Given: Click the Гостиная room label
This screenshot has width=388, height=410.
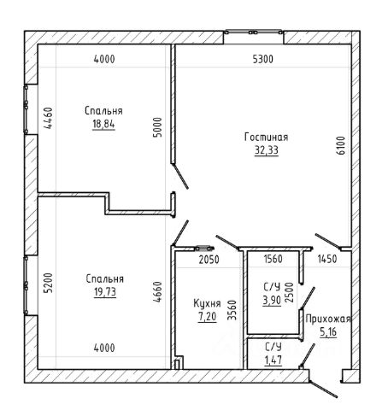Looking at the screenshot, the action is coord(267,138).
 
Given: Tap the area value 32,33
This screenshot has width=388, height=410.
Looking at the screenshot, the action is coord(267,150).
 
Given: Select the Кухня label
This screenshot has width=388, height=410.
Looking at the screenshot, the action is coord(207,303).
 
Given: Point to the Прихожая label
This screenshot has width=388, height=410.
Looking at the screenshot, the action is coord(328,319).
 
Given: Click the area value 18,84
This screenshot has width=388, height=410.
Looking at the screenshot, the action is coord(103,124).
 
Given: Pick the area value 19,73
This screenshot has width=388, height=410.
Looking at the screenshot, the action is coord(105,292).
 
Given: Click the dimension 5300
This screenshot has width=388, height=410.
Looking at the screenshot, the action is coord(263,59).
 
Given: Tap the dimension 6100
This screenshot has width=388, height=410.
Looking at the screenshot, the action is coord(341,145).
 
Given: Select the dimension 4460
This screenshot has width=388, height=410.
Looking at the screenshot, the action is coord(48,118).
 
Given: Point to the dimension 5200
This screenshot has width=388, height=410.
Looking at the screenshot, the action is coord(48,283).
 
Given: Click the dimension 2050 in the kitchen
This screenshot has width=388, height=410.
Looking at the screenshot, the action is coord(209,260).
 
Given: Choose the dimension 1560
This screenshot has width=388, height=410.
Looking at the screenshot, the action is coord(273,259).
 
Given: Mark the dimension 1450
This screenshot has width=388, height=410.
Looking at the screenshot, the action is coord(327,259).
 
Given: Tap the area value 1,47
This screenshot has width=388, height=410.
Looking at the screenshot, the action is coord(273,360).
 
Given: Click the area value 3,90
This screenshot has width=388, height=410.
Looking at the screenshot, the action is coord(272,300).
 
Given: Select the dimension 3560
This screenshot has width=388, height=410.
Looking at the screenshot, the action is coord(232,310).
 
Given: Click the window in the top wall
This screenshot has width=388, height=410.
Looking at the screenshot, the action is coord(253,32).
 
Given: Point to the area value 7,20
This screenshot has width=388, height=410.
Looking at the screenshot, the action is coord(207,317).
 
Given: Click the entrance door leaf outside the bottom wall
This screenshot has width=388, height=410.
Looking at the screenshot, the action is coord(323,389).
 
